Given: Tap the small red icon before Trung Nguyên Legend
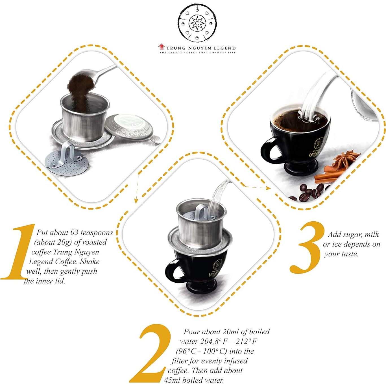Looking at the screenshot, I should (x=161, y=47).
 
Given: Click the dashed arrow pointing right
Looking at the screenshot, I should (x=255, y=187).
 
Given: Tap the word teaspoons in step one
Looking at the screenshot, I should (x=96, y=233).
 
